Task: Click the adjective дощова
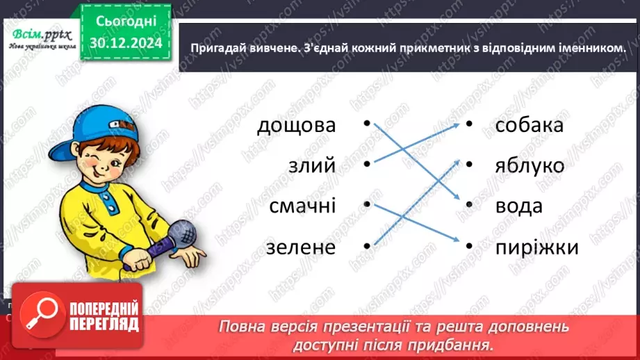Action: point(296,126)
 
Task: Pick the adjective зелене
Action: point(300,246)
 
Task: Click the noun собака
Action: point(529,126)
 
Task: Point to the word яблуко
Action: point(530,166)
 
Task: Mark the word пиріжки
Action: point(536,247)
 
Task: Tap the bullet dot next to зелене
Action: point(366,245)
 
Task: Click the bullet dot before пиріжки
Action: point(469,245)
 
